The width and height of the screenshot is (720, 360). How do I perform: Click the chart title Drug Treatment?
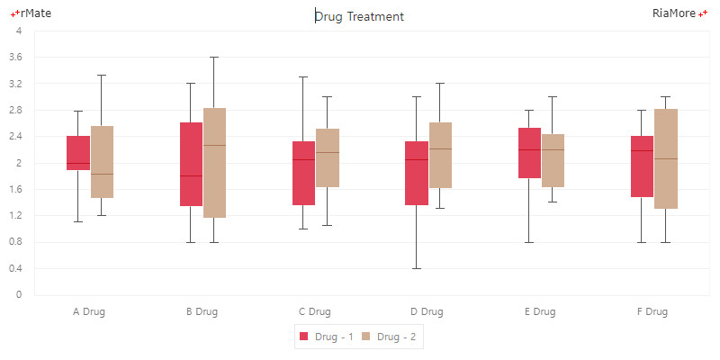pos(360,16)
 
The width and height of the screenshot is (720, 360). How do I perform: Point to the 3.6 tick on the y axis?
pos(15,58)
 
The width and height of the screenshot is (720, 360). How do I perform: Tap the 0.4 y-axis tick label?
pos(15,269)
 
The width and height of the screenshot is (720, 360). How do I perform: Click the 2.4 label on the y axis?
pos(15,137)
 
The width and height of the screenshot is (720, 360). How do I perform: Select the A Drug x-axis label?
pos(89,312)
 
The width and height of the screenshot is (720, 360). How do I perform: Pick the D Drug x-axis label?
pos(427,312)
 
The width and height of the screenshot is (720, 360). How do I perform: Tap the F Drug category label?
pos(652,312)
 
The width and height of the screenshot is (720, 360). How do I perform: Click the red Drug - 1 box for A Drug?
pos(78,153)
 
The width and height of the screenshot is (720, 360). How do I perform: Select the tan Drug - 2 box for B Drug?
pos(214,163)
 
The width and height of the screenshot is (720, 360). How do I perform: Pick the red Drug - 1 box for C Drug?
pos(303,173)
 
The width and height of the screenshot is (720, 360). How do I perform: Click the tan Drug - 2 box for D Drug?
pos(440,155)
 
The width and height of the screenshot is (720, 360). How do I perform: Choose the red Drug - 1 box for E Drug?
pos(529,153)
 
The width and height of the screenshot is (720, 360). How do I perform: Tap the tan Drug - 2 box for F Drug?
pos(665,158)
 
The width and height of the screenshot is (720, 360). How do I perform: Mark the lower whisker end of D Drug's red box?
pos(416,268)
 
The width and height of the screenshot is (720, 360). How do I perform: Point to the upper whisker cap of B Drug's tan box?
pos(214,57)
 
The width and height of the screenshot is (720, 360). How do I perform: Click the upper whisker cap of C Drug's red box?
pos(303,76)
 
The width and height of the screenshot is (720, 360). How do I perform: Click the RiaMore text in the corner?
pos(674,13)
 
